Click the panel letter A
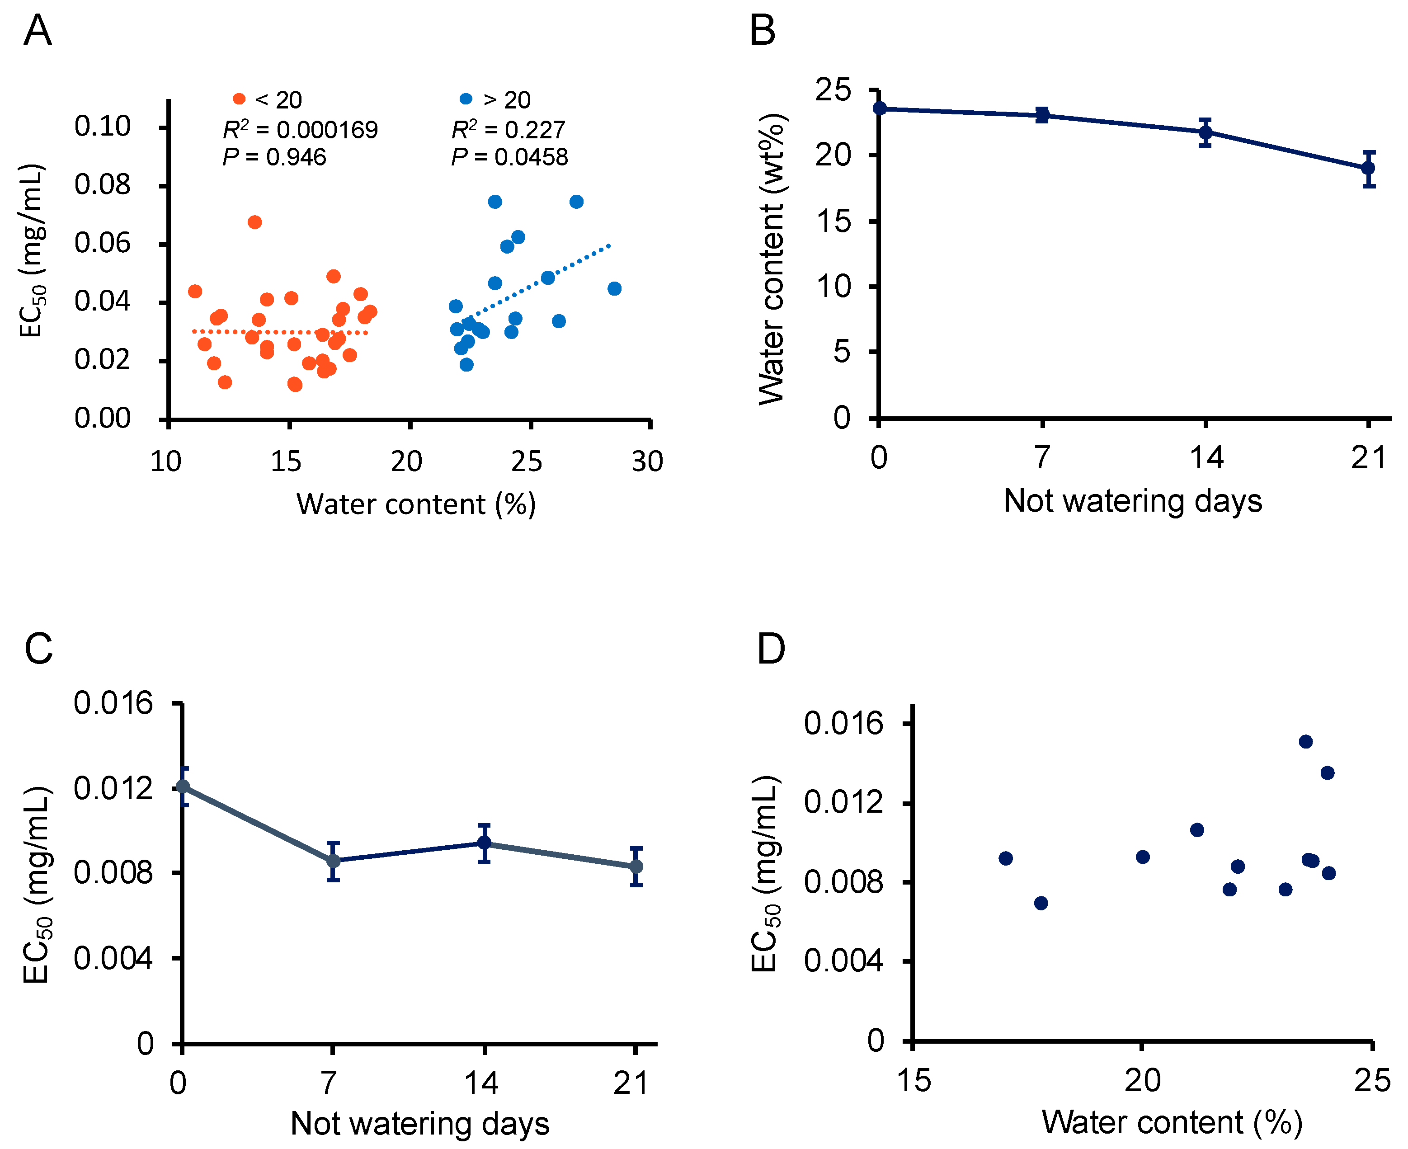(x=37, y=31)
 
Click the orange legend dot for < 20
(x=239, y=99)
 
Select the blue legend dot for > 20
(x=466, y=99)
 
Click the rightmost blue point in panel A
(x=614, y=288)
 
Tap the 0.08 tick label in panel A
(x=103, y=185)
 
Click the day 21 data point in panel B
(x=1368, y=168)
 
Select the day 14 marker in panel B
(x=1206, y=132)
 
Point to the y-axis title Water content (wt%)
(x=771, y=258)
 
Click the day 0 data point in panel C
(x=183, y=786)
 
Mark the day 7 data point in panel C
(x=334, y=861)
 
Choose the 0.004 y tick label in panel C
(x=113, y=958)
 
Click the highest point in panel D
(x=1305, y=741)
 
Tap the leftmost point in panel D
(x=1006, y=858)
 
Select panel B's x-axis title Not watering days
(x=1133, y=500)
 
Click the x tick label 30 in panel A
(x=647, y=461)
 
